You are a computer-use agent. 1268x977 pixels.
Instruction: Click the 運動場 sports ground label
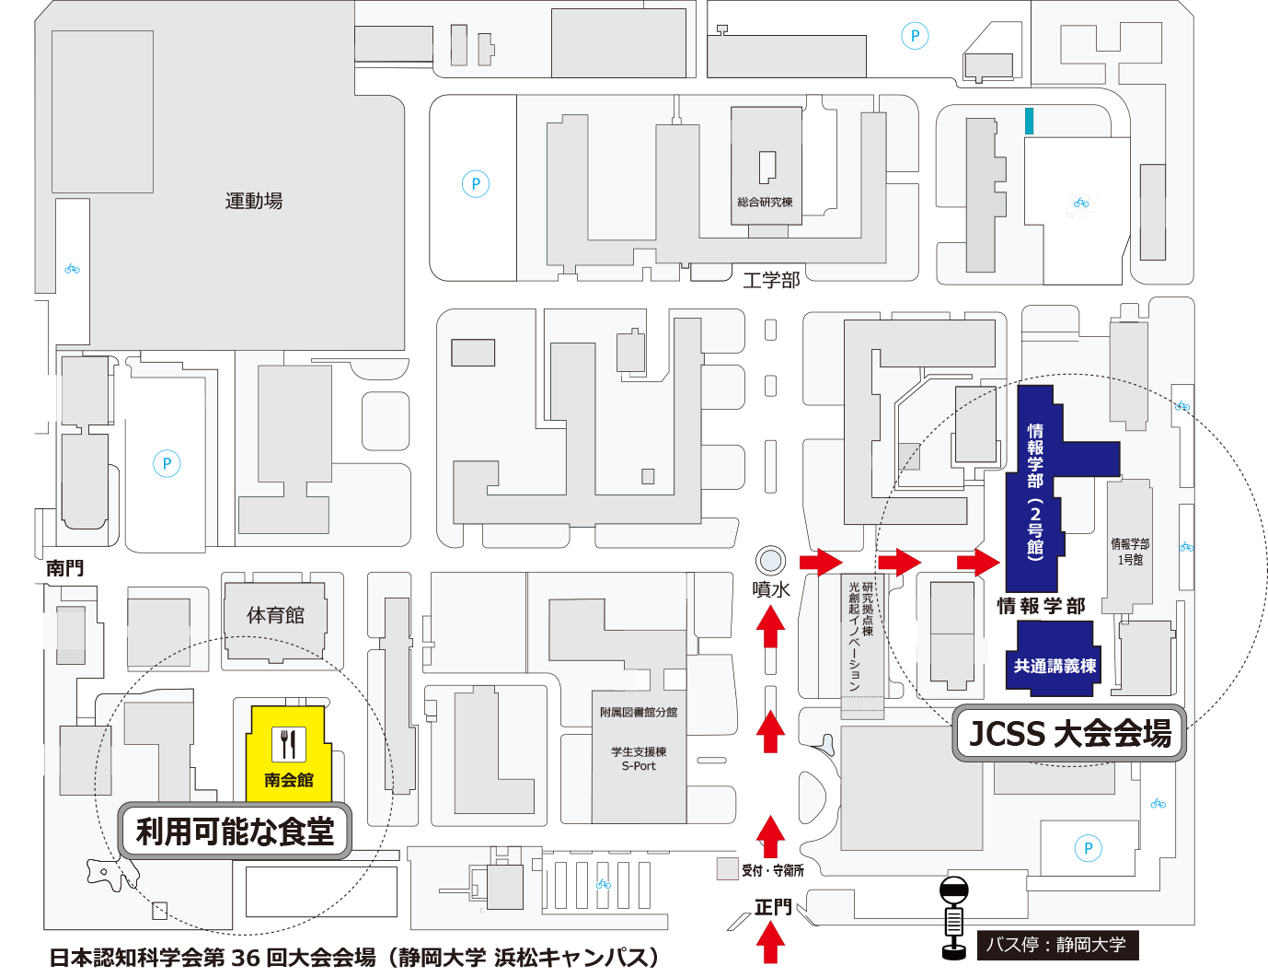pyautogui.click(x=254, y=201)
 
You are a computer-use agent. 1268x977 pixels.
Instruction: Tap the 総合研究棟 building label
pyautogui.click(x=765, y=202)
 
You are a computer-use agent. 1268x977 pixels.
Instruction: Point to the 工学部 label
pyautogui.click(x=771, y=280)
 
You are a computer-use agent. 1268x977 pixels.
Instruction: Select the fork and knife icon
pyautogui.click(x=288, y=743)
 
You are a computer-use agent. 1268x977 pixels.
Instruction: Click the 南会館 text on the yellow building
pyautogui.click(x=289, y=780)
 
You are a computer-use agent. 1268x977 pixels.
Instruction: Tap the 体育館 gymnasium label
pyautogui.click(x=275, y=615)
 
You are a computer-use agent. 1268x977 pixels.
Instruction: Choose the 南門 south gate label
pyautogui.click(x=64, y=567)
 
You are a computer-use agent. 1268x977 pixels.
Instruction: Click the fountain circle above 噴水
pyautogui.click(x=770, y=561)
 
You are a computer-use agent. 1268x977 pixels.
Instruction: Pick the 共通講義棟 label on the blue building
pyautogui.click(x=1055, y=666)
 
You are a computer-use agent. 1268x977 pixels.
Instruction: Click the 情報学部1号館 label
pyautogui.click(x=1130, y=552)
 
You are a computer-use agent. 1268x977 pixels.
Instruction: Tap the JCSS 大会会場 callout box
pyautogui.click(x=1069, y=734)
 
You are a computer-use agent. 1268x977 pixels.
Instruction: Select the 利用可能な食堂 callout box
pyautogui.click(x=235, y=831)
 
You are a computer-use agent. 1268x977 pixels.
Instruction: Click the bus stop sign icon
pyautogui.click(x=954, y=918)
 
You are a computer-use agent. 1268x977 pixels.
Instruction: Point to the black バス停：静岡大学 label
pyautogui.click(x=1057, y=945)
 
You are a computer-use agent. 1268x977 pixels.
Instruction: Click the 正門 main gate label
pyautogui.click(x=773, y=907)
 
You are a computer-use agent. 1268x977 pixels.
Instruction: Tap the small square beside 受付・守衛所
pyautogui.click(x=727, y=869)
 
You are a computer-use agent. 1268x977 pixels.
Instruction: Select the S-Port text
pyautogui.click(x=639, y=765)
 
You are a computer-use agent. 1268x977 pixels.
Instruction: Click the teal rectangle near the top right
pyautogui.click(x=1030, y=121)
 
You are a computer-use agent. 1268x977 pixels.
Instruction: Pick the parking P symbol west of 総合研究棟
pyautogui.click(x=476, y=184)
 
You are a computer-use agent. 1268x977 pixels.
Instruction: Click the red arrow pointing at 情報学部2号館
pyautogui.click(x=978, y=563)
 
